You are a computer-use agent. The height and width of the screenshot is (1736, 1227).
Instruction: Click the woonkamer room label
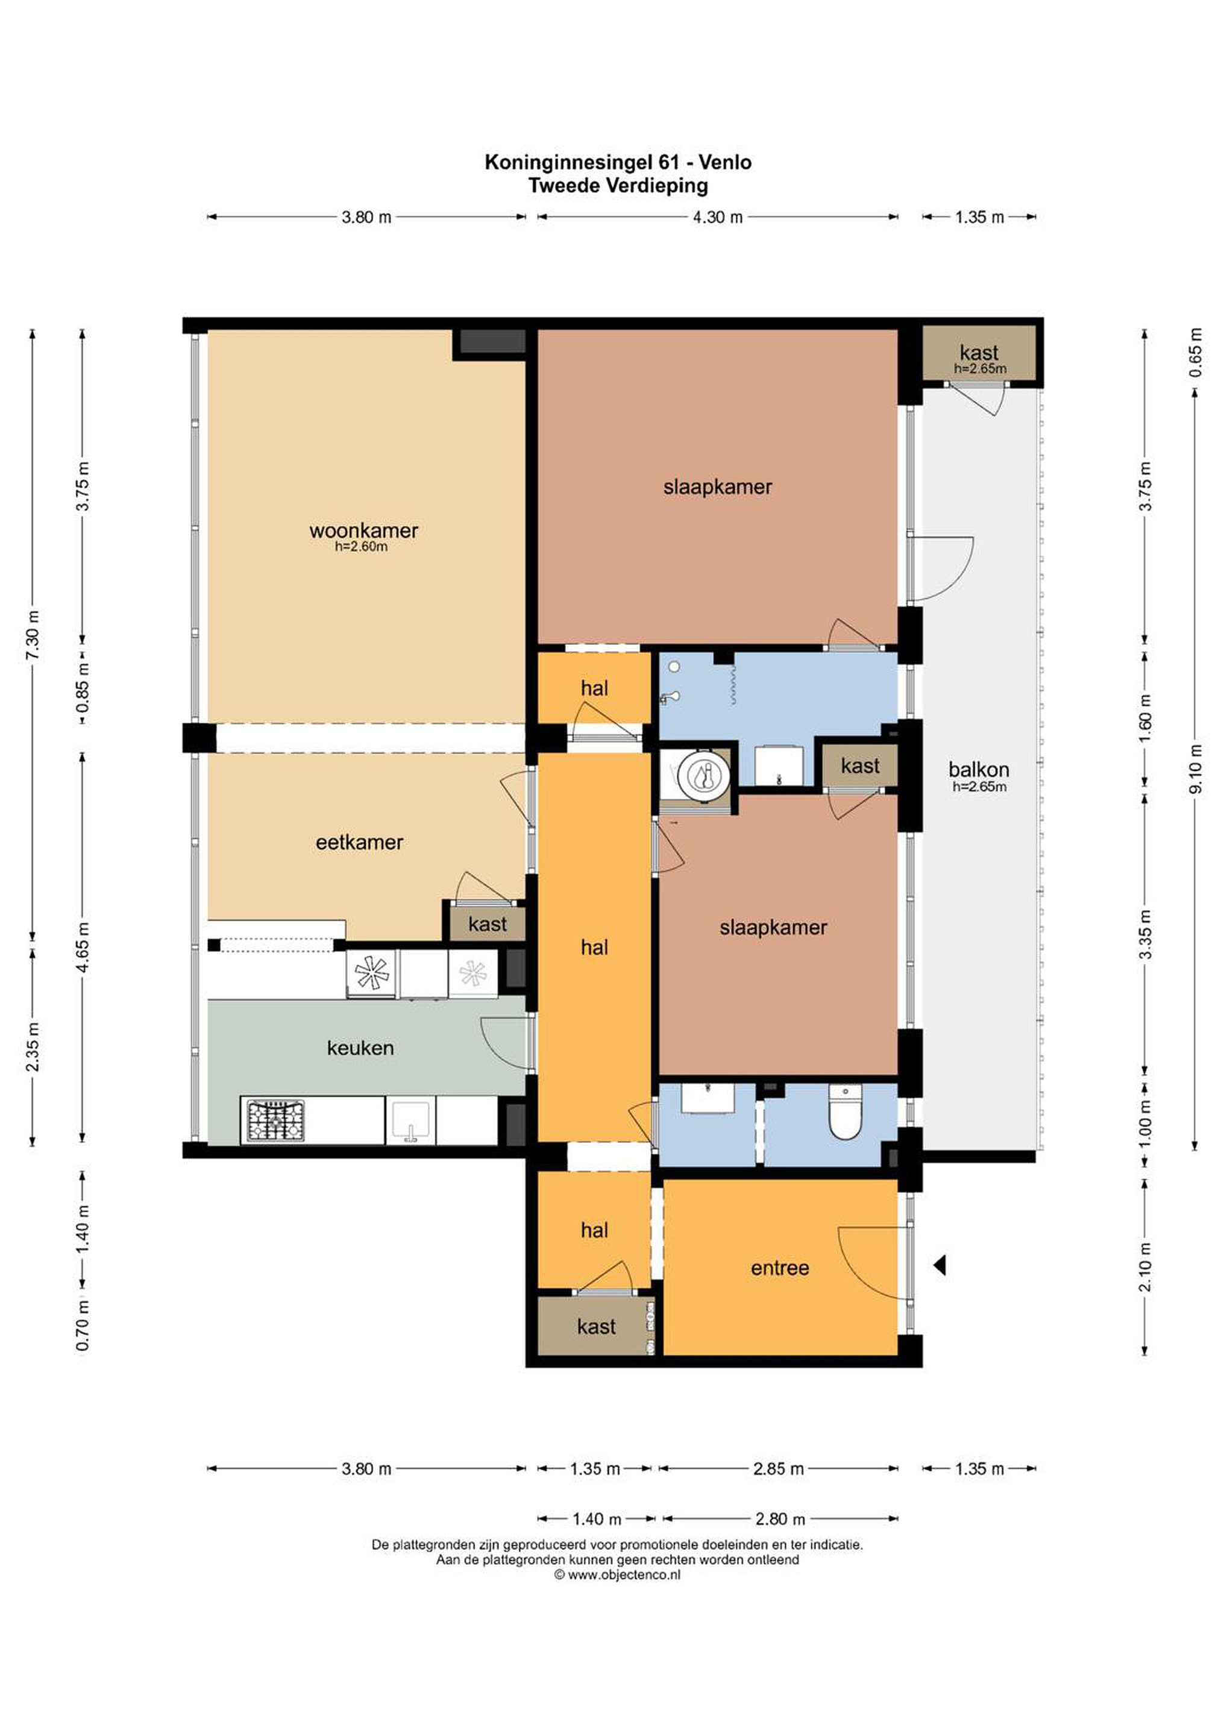(363, 531)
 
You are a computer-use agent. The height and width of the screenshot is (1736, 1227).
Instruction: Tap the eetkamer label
(359, 842)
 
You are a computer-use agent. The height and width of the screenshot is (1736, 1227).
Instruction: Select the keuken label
(360, 1048)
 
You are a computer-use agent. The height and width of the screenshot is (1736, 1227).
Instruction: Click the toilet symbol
(845, 1112)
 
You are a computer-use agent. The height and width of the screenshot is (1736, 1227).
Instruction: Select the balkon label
(979, 770)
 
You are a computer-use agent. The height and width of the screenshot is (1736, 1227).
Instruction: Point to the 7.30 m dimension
(33, 635)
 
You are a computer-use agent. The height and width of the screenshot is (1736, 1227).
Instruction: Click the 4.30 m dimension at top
(717, 218)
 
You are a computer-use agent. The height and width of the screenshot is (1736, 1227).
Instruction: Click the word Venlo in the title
(725, 163)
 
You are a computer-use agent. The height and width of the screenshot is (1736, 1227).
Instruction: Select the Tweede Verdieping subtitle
(618, 185)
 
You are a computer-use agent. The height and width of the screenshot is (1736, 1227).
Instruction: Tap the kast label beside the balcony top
(979, 353)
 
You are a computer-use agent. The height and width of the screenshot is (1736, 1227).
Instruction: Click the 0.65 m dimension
(1195, 353)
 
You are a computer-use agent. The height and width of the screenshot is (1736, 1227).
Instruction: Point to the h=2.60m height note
(362, 547)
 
